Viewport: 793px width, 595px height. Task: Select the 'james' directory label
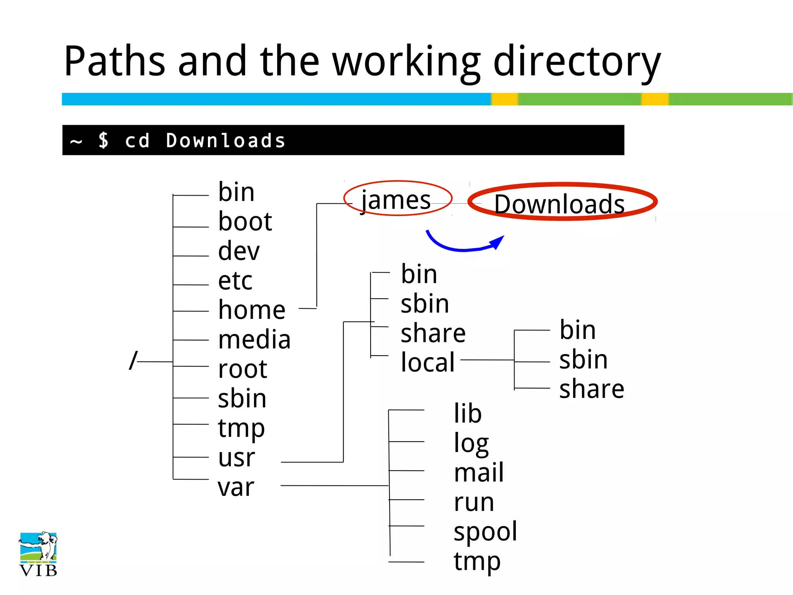point(396,201)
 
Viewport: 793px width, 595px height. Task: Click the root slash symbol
point(133,361)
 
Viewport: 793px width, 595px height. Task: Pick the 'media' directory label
point(254,340)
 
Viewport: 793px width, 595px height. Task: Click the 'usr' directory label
point(236,458)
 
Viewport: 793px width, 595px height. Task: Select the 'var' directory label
point(236,487)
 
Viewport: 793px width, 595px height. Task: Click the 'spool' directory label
point(485,531)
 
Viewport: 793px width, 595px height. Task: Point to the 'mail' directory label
point(479,473)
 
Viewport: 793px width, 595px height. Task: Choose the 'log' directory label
point(471,444)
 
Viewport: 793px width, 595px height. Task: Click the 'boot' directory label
point(245,222)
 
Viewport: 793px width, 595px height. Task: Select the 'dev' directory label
point(239,251)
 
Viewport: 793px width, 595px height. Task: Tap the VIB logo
point(38,554)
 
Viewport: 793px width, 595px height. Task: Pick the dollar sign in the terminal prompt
point(103,140)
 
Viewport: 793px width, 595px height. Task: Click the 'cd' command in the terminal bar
point(137,141)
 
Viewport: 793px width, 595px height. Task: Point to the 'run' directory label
point(474,502)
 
